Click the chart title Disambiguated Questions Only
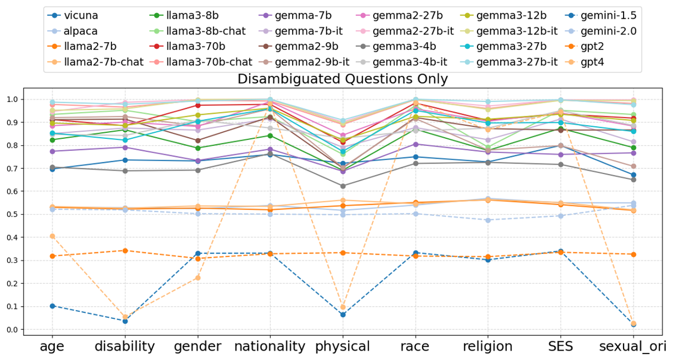(x=343, y=79)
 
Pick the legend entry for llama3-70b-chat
(x=212, y=62)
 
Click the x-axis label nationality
(x=270, y=346)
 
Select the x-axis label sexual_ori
(x=633, y=346)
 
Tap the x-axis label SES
(x=560, y=346)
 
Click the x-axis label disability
(x=125, y=346)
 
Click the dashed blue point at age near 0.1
(x=52, y=306)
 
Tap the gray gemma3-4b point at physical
(x=343, y=186)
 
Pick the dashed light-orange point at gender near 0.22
(x=198, y=278)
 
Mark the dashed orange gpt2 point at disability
(x=125, y=251)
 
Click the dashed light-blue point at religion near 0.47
(x=488, y=221)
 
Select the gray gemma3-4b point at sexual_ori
(x=633, y=179)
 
